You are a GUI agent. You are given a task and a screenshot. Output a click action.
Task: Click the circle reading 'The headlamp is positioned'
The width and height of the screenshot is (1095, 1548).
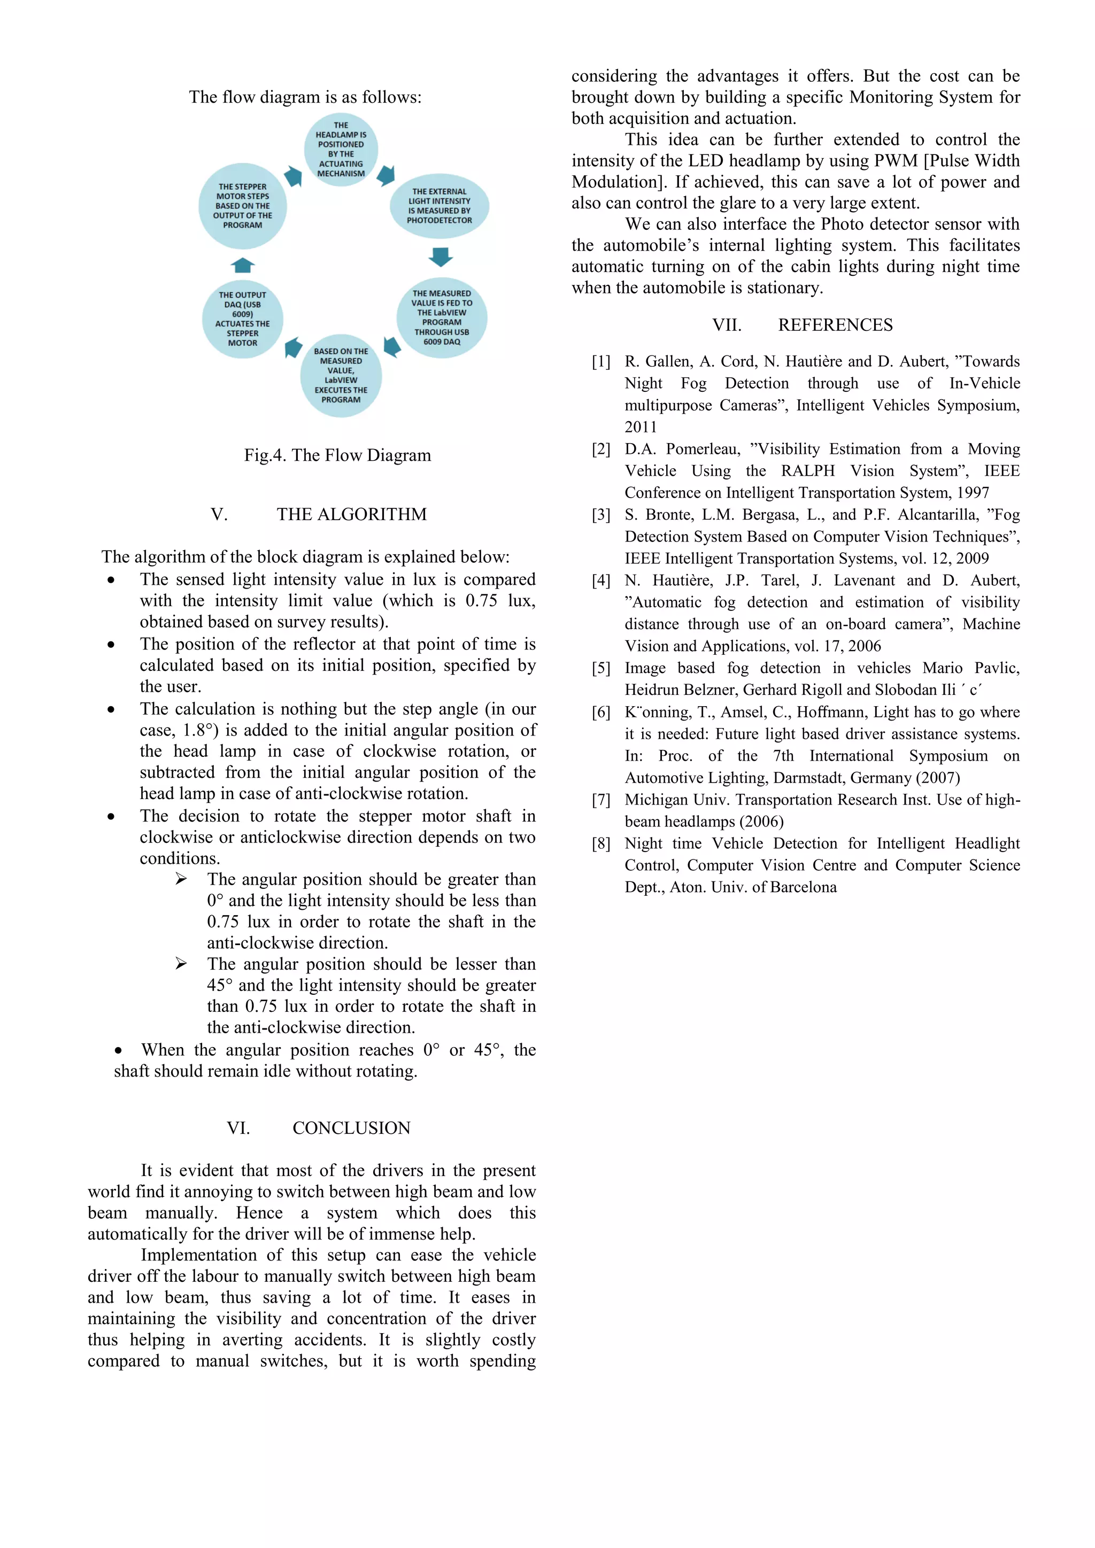coord(341,150)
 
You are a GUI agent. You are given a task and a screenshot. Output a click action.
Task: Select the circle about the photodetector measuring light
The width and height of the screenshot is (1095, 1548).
coord(439,206)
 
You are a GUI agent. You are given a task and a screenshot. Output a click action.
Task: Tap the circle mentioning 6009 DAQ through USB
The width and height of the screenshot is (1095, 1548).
coord(442,318)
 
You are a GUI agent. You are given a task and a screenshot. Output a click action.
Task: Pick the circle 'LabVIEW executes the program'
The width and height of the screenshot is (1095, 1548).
coord(341,376)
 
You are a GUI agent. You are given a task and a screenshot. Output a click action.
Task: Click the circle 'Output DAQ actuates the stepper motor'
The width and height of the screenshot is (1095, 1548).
coord(243,319)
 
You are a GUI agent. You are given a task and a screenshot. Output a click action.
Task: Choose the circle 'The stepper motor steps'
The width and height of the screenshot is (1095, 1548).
coord(243,206)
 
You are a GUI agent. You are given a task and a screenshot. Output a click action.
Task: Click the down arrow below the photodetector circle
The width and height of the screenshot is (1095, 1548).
coord(440,257)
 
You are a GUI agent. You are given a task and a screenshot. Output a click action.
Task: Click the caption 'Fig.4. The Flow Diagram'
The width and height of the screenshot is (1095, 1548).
coord(337,455)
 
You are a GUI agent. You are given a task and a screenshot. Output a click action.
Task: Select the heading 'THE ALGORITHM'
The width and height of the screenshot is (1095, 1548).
coord(351,514)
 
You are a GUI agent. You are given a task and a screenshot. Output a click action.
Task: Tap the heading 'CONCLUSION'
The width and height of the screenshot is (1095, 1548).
coord(351,1128)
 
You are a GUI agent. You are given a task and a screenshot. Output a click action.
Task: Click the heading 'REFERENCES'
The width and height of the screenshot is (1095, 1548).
coord(835,325)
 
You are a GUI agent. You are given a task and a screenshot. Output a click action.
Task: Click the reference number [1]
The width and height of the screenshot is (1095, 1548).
coord(601,362)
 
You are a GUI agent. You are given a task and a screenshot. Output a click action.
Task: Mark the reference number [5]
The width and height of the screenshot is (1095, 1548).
coord(601,668)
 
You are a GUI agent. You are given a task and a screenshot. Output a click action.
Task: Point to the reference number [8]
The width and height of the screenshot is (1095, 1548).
coord(601,843)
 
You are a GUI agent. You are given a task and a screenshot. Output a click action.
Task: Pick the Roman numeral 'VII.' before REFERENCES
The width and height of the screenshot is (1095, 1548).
coord(727,325)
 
